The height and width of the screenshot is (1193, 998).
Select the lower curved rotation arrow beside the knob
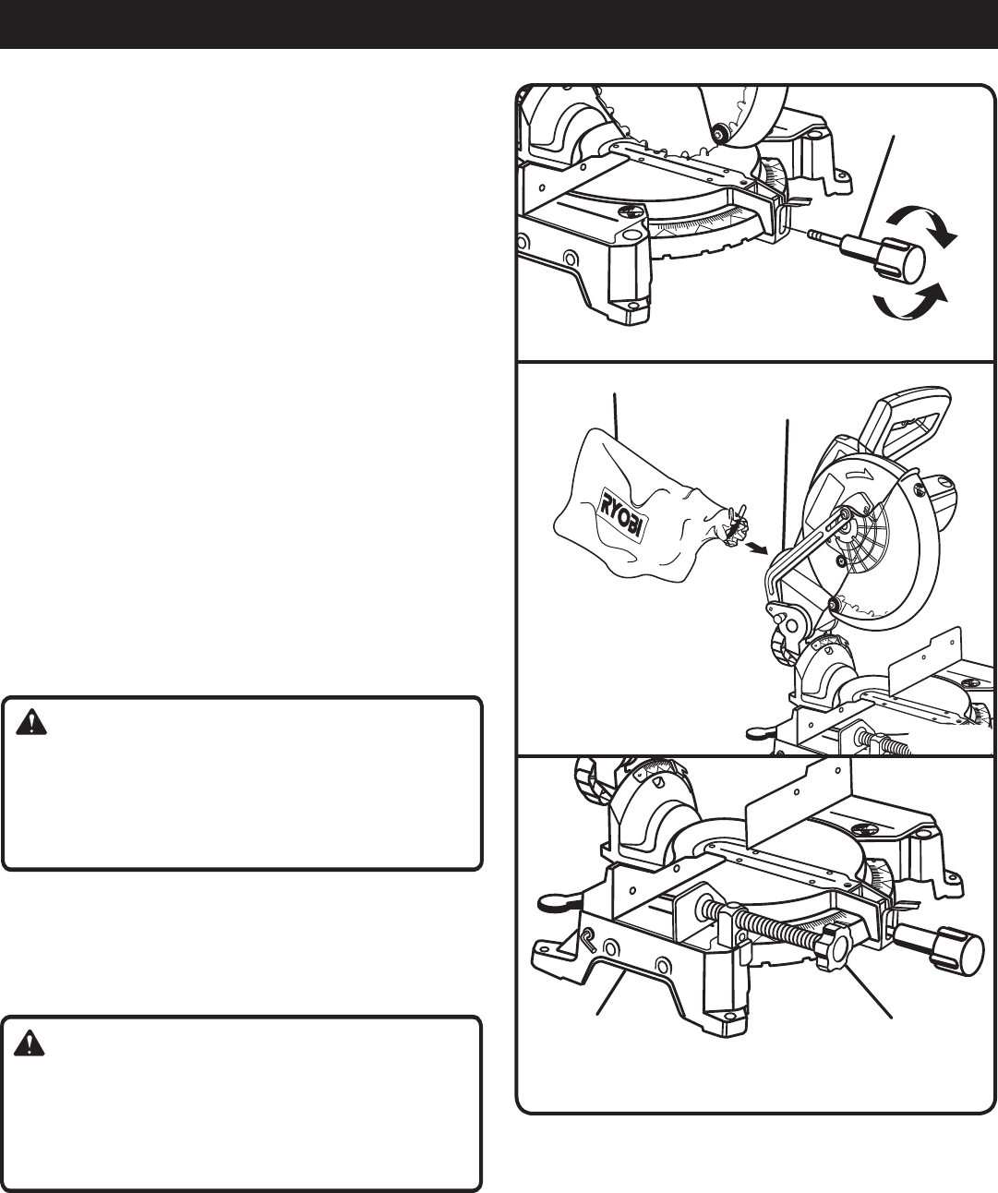click(x=909, y=301)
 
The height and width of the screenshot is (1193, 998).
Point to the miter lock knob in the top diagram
click(x=901, y=259)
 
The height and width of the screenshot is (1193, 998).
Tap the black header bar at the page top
click(x=499, y=23)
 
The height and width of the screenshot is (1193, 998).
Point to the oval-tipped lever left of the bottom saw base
click(x=555, y=899)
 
